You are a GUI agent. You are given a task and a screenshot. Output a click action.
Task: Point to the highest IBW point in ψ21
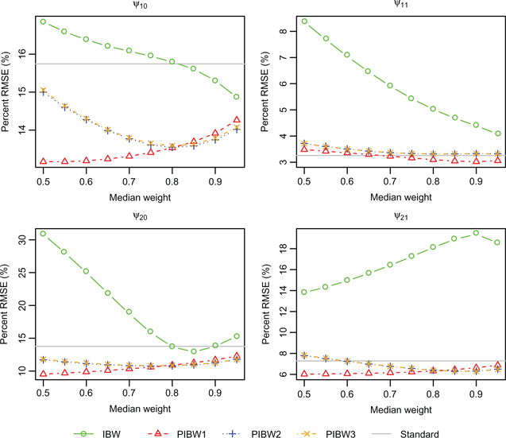coord(475,233)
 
